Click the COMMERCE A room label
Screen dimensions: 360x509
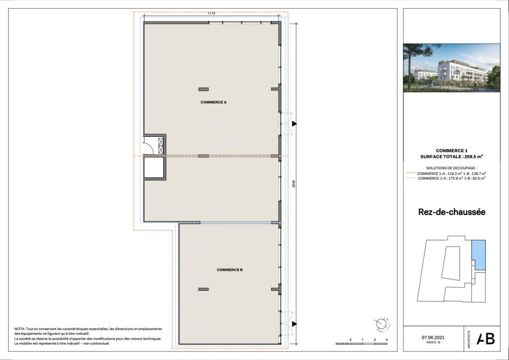213,103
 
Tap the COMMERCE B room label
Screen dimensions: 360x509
230,270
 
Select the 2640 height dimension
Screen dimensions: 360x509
293,184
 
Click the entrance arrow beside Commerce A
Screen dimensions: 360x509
294,123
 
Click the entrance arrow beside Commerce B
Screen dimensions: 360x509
294,324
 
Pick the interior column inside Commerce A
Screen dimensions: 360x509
203,89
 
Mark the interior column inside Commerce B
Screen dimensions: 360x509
203,289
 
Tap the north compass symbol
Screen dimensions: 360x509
381,324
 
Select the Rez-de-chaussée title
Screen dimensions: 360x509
451,212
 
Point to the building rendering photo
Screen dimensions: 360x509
451,68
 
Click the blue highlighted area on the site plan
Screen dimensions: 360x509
479,255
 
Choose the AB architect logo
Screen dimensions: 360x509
486,339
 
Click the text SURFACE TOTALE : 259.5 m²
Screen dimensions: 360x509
451,157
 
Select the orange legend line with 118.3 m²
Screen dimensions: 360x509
451,173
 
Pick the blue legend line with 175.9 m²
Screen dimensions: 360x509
451,178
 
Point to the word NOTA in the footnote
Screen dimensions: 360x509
20,329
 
